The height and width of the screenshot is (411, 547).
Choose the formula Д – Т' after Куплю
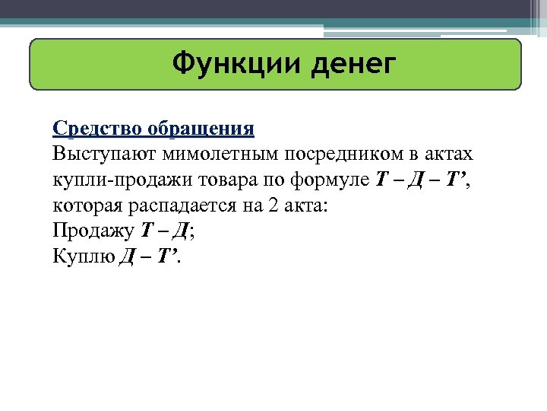[x=149, y=256]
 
